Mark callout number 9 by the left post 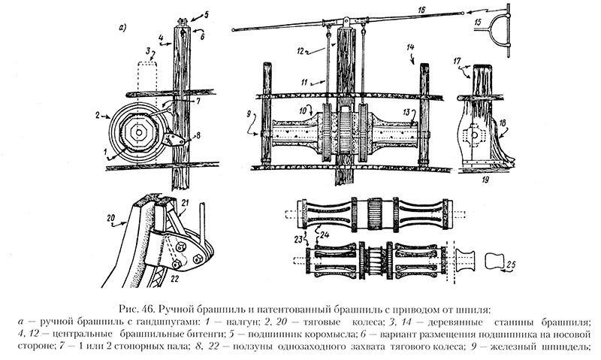[x=245, y=114]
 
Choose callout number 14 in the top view [x=410, y=47]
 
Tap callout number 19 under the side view [x=486, y=181]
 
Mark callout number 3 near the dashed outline [x=149, y=51]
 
